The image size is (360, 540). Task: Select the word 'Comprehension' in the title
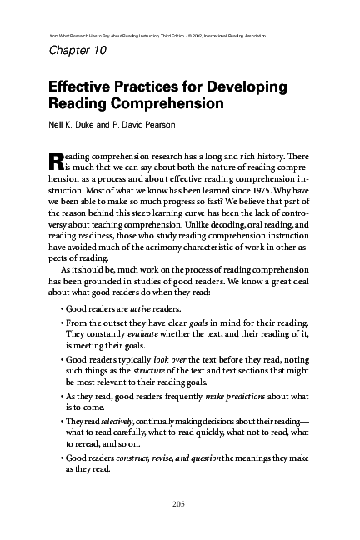coord(170,105)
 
